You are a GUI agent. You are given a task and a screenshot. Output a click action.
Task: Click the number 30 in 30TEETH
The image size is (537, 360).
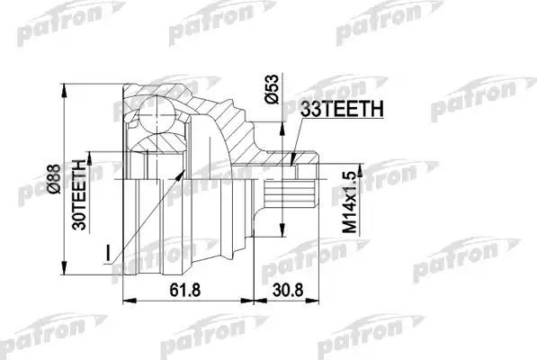[x=79, y=209]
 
